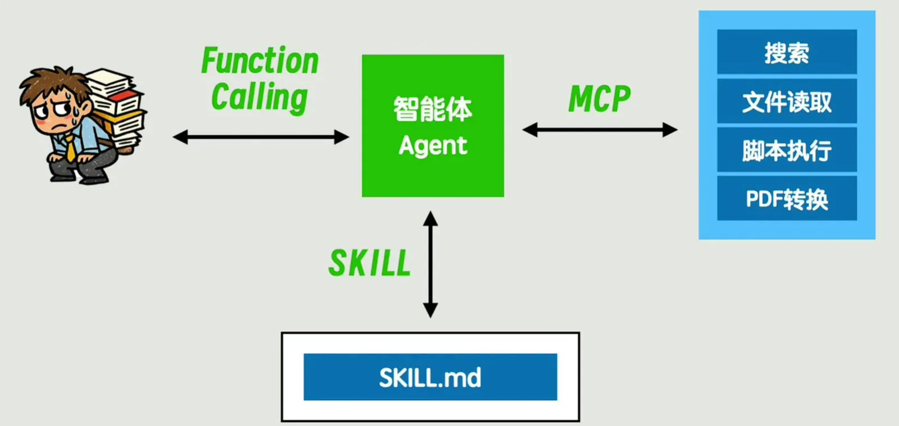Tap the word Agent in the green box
tap(433, 146)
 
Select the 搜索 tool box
tap(787, 52)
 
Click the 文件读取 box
tap(787, 102)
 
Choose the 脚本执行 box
tap(787, 150)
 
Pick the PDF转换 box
tap(787, 199)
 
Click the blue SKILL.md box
tap(430, 377)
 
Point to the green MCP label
tap(600, 99)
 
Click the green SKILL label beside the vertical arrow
tap(370, 263)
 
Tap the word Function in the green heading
tap(260, 61)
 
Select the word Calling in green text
tap(260, 97)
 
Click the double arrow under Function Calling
tap(261, 137)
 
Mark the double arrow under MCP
tap(600, 130)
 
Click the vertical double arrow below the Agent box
tap(430, 264)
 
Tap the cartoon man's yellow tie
tap(71, 149)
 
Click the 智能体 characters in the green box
tap(433, 109)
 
